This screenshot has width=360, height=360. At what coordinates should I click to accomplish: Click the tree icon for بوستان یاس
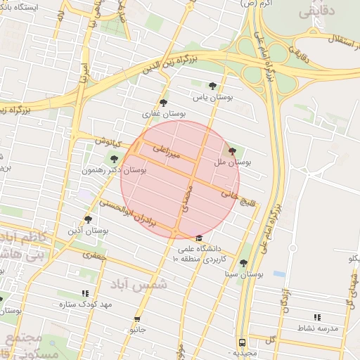203,86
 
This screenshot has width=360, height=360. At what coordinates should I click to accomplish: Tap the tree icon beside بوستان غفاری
164,102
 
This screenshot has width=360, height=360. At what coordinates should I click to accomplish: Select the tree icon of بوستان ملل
233,151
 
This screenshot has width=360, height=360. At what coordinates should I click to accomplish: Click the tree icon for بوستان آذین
88,219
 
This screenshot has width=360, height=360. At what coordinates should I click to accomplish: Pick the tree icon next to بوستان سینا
243,264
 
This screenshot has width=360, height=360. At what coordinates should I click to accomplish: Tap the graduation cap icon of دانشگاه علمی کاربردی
199,238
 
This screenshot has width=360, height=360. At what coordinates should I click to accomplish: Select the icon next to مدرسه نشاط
316,318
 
